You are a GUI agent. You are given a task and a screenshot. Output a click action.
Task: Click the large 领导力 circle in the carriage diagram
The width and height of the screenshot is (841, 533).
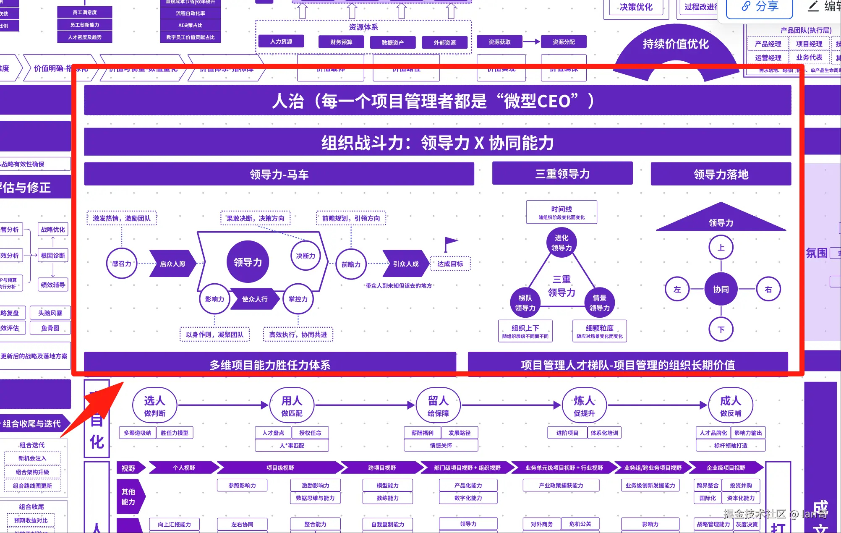coord(248,262)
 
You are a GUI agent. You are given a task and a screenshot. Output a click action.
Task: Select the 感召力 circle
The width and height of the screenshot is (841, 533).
coord(122,264)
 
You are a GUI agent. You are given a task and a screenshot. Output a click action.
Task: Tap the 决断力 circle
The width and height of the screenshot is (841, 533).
coord(306,256)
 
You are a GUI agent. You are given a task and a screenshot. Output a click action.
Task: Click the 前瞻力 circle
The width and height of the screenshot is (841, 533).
coord(351,264)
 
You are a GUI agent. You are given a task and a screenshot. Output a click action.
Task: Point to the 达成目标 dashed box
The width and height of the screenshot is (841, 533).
coord(450,264)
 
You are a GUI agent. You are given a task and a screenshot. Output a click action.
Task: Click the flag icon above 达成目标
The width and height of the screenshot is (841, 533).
coord(450,243)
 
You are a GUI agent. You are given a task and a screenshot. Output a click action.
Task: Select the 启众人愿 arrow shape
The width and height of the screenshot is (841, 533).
coord(172,264)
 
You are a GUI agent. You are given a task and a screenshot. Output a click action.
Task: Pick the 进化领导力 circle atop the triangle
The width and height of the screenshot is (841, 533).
coord(562,243)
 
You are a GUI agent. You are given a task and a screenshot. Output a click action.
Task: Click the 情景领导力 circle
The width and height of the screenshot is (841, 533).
coord(599,303)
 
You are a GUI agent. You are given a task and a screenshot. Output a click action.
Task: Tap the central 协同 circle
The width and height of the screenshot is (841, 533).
coord(721,289)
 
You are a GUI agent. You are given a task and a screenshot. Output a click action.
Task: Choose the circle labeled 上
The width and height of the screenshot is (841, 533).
coord(721,248)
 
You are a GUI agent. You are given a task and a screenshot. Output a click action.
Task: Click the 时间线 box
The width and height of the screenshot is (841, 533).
coord(562,212)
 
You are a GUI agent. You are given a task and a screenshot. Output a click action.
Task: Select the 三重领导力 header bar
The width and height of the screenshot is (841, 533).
coord(562,174)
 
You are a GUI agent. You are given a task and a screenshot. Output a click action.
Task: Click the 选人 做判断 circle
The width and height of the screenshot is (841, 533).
coord(154,405)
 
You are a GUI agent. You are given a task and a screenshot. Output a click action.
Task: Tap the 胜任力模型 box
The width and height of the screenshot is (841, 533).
coord(175,433)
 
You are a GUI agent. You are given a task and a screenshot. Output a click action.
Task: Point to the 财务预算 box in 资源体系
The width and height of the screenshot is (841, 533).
coord(341,42)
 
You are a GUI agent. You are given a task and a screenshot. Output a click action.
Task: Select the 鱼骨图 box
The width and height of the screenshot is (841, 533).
coord(50,328)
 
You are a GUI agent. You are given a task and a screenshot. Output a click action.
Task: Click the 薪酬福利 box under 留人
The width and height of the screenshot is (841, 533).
coord(422,433)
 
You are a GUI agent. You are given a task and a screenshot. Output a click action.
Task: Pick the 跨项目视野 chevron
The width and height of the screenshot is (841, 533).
coord(382,468)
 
